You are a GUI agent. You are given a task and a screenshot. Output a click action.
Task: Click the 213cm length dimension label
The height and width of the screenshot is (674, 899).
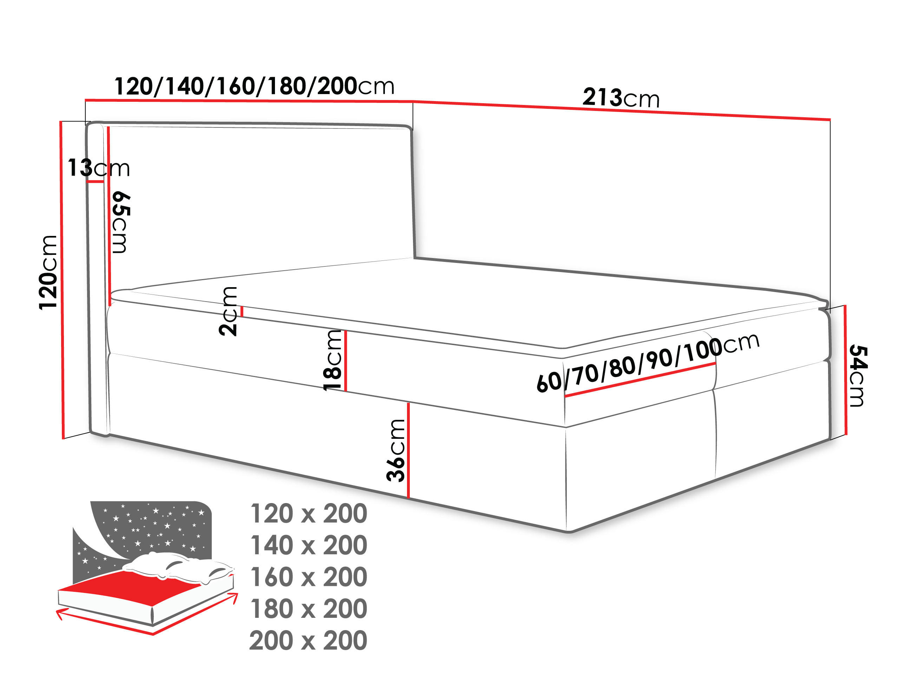point(621,98)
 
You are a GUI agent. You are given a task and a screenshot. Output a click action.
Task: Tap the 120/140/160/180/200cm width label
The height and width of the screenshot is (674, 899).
point(254,87)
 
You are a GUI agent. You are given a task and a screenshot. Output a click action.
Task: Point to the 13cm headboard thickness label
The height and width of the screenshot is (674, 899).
point(98,168)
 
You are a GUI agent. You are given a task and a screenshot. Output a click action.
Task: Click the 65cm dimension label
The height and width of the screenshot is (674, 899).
point(121,222)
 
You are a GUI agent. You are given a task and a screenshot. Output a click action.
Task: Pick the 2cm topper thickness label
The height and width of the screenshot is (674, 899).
point(228,311)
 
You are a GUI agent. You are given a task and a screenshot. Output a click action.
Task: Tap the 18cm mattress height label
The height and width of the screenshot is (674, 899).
point(333,360)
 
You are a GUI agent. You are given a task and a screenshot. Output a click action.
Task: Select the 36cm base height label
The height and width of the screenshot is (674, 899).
point(396,450)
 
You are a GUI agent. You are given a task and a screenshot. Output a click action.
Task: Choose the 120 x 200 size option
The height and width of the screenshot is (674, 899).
point(308,514)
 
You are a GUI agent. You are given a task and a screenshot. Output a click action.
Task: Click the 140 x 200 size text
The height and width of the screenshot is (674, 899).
point(308,545)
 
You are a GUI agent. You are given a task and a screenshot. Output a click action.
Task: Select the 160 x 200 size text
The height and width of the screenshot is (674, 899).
point(308,577)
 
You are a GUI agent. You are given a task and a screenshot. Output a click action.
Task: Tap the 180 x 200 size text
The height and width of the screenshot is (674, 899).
point(308,609)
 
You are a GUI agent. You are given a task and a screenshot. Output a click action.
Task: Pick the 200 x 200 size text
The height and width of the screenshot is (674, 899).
point(308,640)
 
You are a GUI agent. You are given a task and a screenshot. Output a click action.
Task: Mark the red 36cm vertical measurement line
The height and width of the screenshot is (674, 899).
point(408,450)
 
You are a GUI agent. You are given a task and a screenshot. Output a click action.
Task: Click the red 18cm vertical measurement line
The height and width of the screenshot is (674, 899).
point(346,361)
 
